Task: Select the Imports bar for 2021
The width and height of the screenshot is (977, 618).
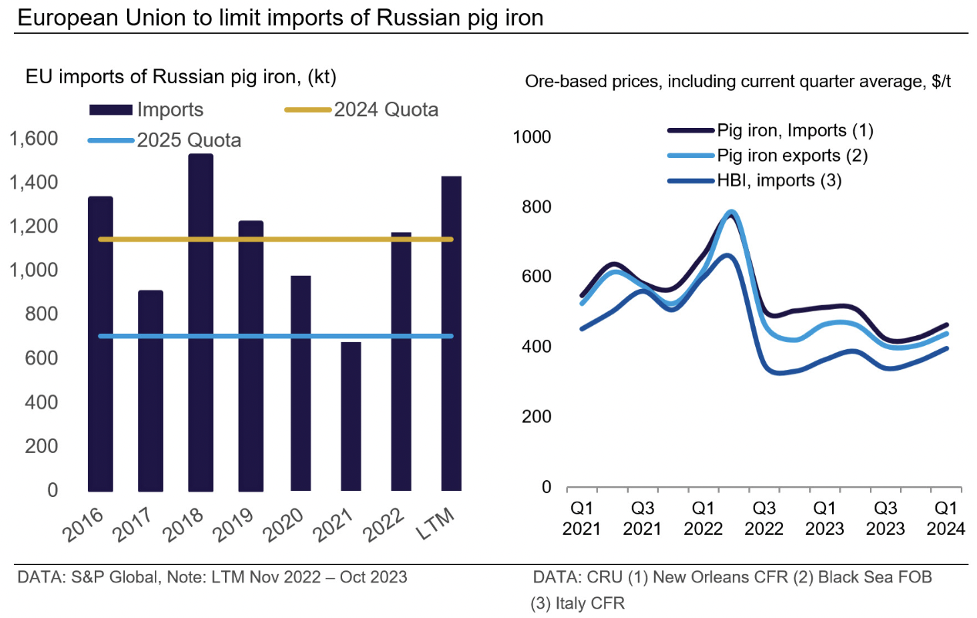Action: tap(351, 416)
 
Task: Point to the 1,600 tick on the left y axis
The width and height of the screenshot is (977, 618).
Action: tap(33, 139)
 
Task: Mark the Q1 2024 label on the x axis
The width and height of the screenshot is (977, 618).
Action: tap(946, 519)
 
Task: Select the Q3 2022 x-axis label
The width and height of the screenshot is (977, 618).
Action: tap(764, 519)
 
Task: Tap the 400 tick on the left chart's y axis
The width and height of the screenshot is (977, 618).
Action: tap(42, 403)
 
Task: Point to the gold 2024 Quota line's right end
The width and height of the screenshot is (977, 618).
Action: tap(452, 240)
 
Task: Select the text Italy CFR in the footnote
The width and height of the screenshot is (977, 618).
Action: tap(589, 603)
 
